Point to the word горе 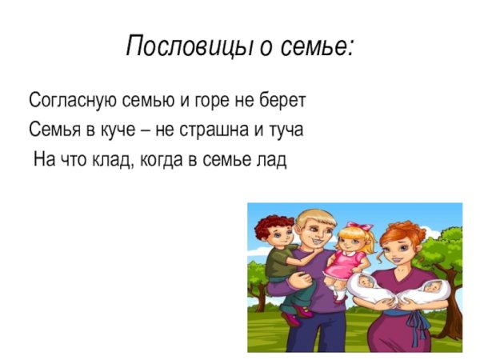(218, 101)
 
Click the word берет (284, 101)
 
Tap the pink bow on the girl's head (365, 227)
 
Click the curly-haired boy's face (276, 238)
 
